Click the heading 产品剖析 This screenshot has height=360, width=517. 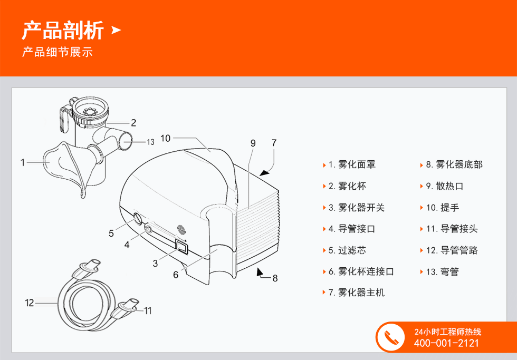coord(63,30)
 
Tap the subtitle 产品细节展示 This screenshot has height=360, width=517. coord(58,52)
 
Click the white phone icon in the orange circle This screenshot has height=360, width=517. coord(391,337)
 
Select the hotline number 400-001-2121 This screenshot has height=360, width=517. coord(446,343)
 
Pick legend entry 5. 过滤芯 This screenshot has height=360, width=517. coord(347,250)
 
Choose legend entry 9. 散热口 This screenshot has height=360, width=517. coord(444,186)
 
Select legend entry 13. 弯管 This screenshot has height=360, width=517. coord(442,272)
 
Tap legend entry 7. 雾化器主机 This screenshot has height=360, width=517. coord(357,293)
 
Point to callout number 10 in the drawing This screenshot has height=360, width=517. coord(166,138)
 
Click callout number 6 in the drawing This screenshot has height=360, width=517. coord(176,275)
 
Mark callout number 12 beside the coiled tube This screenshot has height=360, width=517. coord(30,303)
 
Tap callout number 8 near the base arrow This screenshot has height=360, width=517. coord(275,278)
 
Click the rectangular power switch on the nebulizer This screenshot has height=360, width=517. coord(182,247)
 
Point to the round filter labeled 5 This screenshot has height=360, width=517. coord(138,219)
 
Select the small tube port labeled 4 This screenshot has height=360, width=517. coord(149,228)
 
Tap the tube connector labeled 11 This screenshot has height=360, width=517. coord(127,308)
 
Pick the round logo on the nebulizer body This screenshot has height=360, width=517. coord(181,229)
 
